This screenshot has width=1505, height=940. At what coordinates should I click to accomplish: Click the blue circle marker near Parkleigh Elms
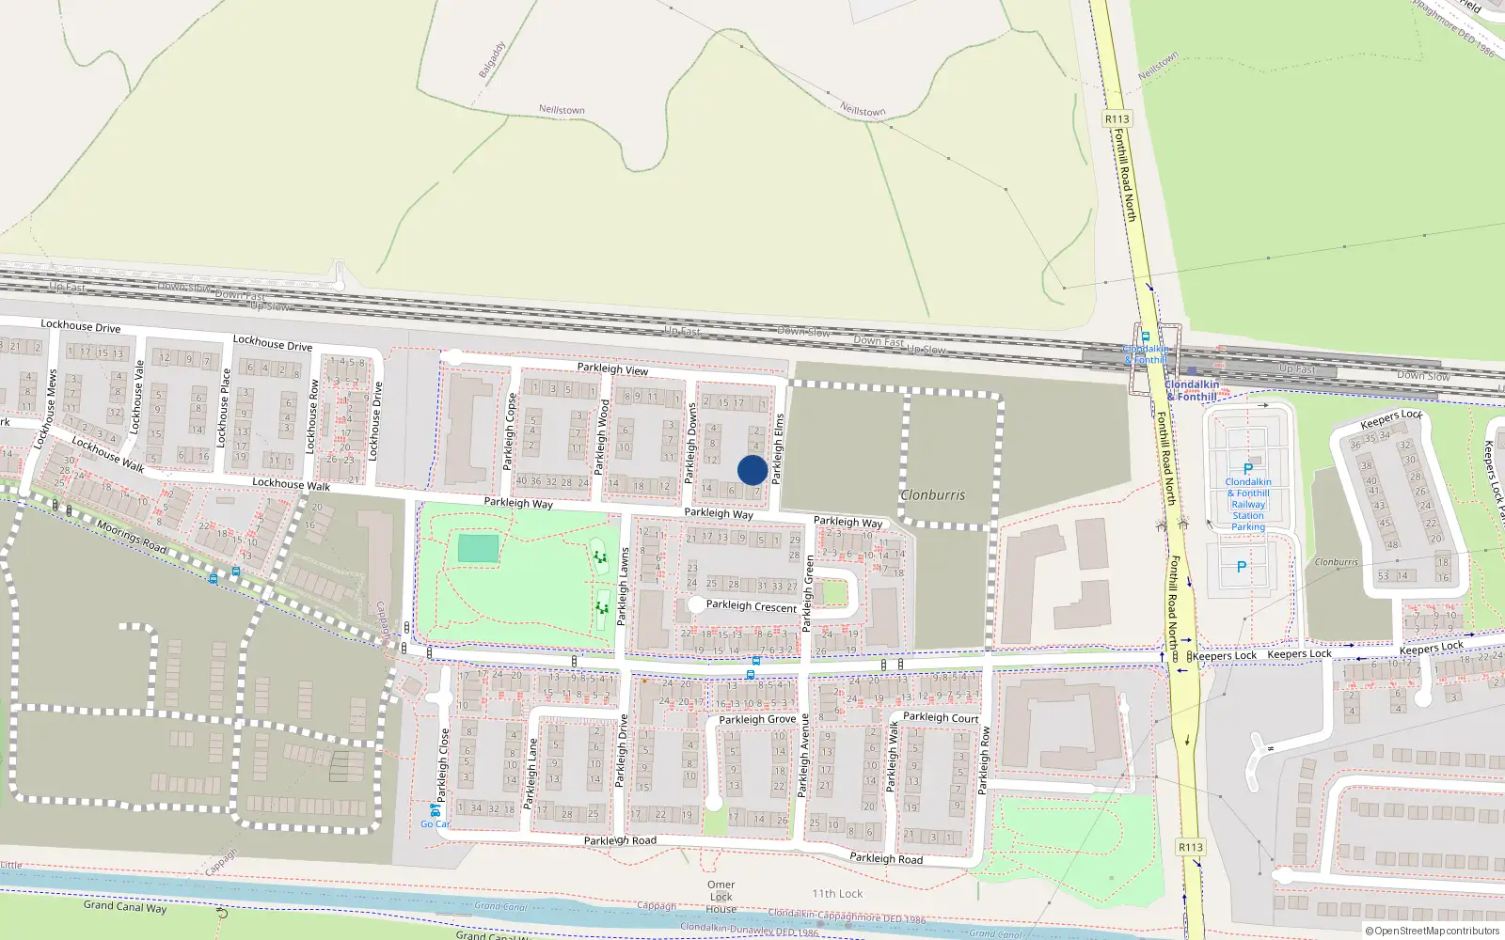[752, 470]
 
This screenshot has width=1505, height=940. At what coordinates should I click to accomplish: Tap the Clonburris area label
[932, 494]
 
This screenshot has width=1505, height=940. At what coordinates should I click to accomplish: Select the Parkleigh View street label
[612, 368]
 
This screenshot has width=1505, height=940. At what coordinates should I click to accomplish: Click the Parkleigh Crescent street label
[751, 606]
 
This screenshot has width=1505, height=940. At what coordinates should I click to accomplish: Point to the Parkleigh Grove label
[757, 719]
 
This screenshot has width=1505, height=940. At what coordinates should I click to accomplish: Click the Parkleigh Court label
[941, 717]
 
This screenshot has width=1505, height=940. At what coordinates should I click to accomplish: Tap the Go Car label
[435, 823]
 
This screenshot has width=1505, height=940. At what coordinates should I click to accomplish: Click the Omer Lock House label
[721, 897]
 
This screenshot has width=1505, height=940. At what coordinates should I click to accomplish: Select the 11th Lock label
[837, 894]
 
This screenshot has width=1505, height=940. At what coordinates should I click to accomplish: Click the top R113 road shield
[1117, 119]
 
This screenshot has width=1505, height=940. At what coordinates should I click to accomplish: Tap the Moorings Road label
[132, 536]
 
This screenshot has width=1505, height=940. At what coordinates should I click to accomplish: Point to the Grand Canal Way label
[125, 906]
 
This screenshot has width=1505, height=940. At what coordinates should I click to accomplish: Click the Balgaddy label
[492, 59]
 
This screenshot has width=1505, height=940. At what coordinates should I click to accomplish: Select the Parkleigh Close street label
[443, 766]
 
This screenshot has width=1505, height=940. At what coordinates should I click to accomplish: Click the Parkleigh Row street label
[984, 760]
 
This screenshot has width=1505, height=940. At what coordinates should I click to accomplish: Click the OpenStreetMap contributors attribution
[1433, 932]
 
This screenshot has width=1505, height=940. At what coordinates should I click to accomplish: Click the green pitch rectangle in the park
[478, 548]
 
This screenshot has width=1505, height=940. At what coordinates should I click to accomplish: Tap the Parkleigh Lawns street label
[623, 587]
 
